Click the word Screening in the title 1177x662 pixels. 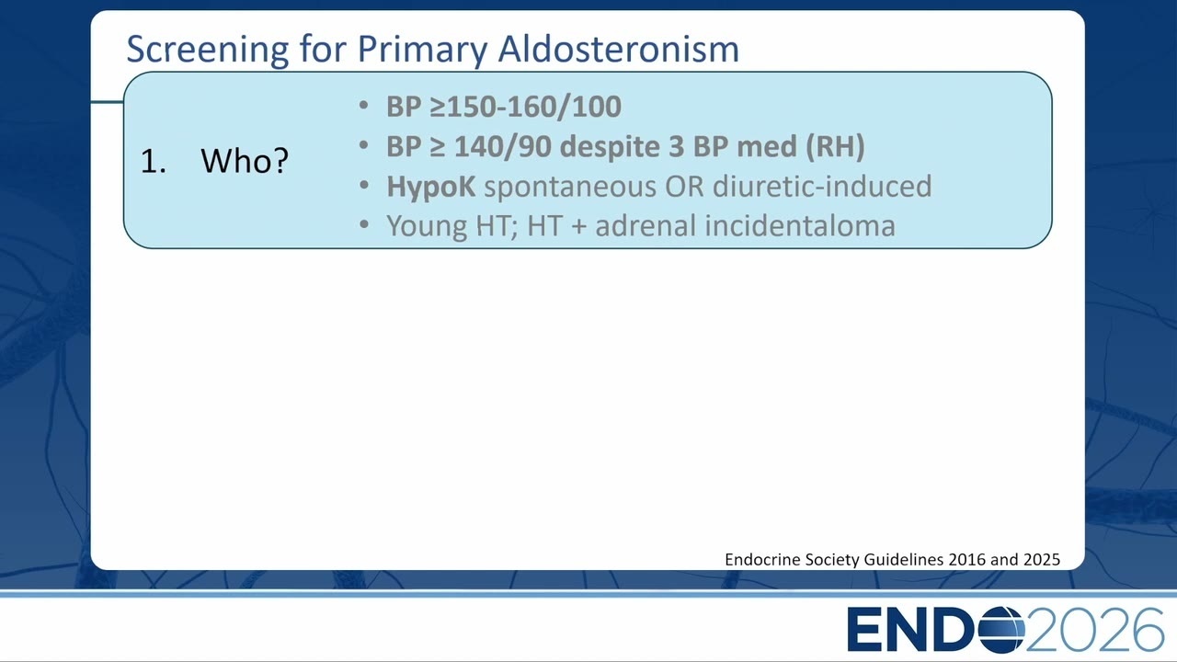click(x=208, y=50)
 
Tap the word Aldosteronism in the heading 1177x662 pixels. click(x=619, y=49)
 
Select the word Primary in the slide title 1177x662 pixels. click(x=422, y=51)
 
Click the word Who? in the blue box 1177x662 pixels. click(x=245, y=161)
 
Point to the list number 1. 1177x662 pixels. click(x=153, y=161)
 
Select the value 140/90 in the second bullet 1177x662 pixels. click(x=503, y=146)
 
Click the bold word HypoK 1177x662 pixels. click(x=431, y=187)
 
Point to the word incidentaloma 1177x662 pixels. click(x=800, y=226)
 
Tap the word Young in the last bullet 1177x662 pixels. click(x=427, y=227)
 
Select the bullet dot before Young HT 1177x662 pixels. click(x=364, y=225)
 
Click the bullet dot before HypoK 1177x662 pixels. click(x=364, y=185)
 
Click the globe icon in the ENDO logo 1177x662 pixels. click(x=1001, y=630)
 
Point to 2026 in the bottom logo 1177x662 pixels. click(x=1094, y=630)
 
